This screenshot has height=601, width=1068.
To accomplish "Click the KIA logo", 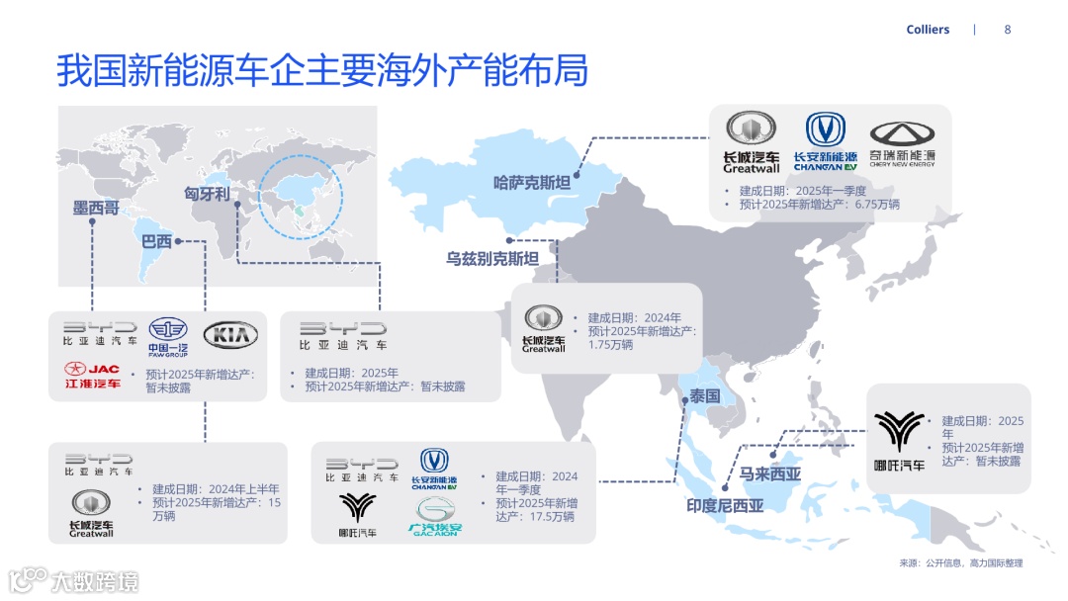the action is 230,336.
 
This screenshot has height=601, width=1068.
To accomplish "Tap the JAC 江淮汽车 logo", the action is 92,375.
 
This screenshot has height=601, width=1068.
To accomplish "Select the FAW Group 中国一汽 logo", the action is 167,336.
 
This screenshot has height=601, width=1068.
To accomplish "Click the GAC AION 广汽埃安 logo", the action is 435,517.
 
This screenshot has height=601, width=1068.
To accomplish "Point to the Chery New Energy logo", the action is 902,144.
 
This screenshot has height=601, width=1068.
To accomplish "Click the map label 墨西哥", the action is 96,209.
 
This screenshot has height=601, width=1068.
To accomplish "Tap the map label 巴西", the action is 156,241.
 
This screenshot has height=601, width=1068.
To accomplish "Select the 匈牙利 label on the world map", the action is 207,194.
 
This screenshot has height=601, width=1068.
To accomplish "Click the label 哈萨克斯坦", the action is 532,183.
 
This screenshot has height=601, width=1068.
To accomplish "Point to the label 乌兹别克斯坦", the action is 491,260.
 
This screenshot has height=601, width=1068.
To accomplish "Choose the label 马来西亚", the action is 770,474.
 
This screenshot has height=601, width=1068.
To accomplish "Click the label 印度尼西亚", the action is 725,506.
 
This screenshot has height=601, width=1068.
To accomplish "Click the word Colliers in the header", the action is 928,30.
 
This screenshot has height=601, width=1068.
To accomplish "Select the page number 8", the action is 1008,30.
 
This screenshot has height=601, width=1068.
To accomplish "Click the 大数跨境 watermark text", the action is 95,580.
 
